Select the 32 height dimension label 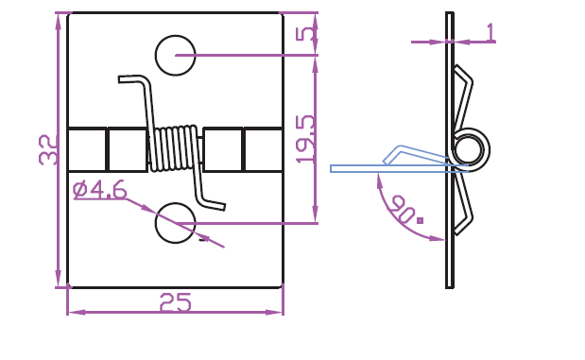[x=48, y=149]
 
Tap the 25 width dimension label [x=176, y=302]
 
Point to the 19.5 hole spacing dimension [x=305, y=139]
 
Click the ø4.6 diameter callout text [x=100, y=190]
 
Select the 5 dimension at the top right [x=305, y=34]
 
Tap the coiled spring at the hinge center [x=175, y=148]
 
